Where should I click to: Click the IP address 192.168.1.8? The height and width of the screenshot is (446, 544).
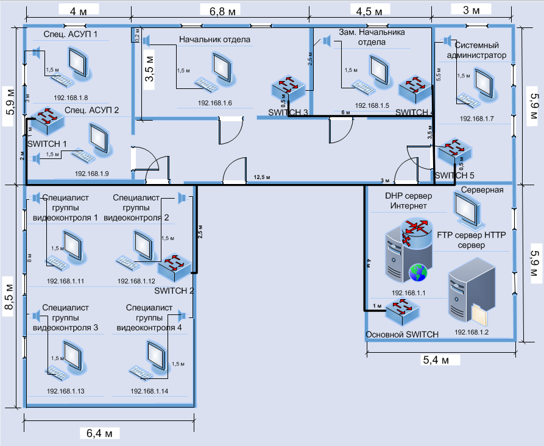71,97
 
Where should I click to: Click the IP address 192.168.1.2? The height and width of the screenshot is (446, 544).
472,333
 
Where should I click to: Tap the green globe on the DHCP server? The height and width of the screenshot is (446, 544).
417,272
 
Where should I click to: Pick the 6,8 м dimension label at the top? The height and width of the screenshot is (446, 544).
221,11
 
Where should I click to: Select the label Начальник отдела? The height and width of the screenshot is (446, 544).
214,40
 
